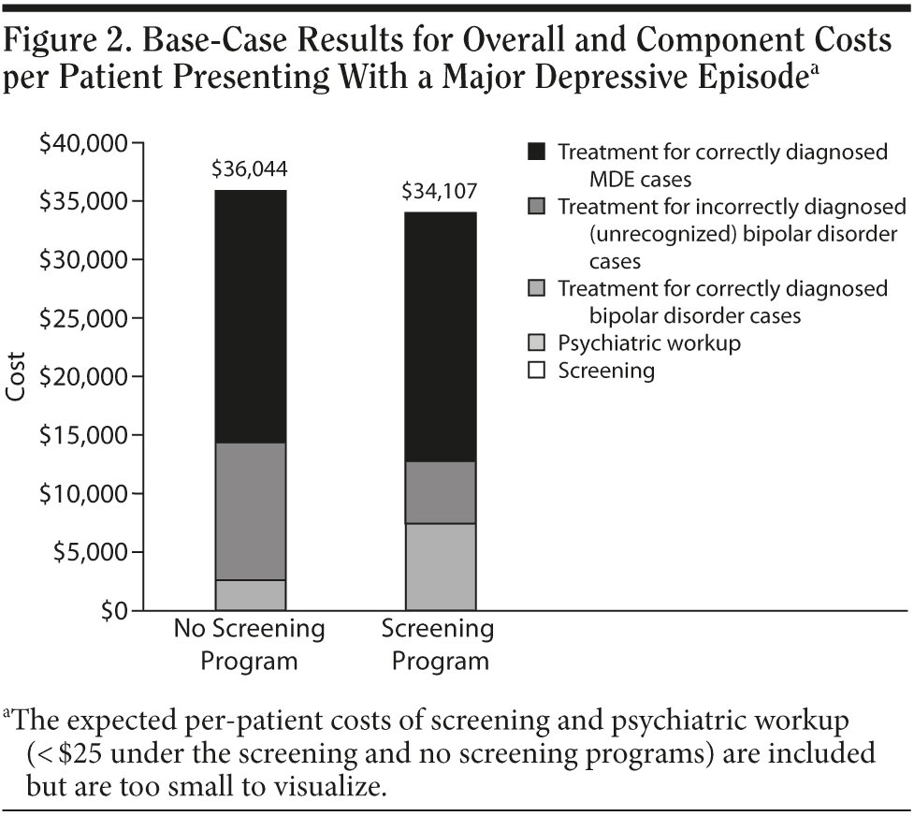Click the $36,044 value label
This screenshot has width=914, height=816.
(x=249, y=169)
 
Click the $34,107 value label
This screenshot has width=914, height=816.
(x=439, y=192)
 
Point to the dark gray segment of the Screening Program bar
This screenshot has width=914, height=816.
(x=441, y=492)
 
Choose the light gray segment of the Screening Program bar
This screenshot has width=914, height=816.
(x=441, y=566)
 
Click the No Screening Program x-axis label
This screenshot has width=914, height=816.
(x=249, y=644)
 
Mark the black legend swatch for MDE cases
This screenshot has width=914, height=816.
(x=536, y=152)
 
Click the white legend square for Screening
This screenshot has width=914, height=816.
(x=536, y=371)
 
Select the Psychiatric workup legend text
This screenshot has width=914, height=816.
(x=649, y=342)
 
